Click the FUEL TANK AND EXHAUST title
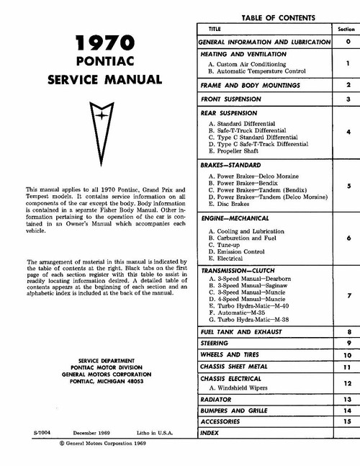[x=245, y=332]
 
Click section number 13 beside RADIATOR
[x=347, y=398]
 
